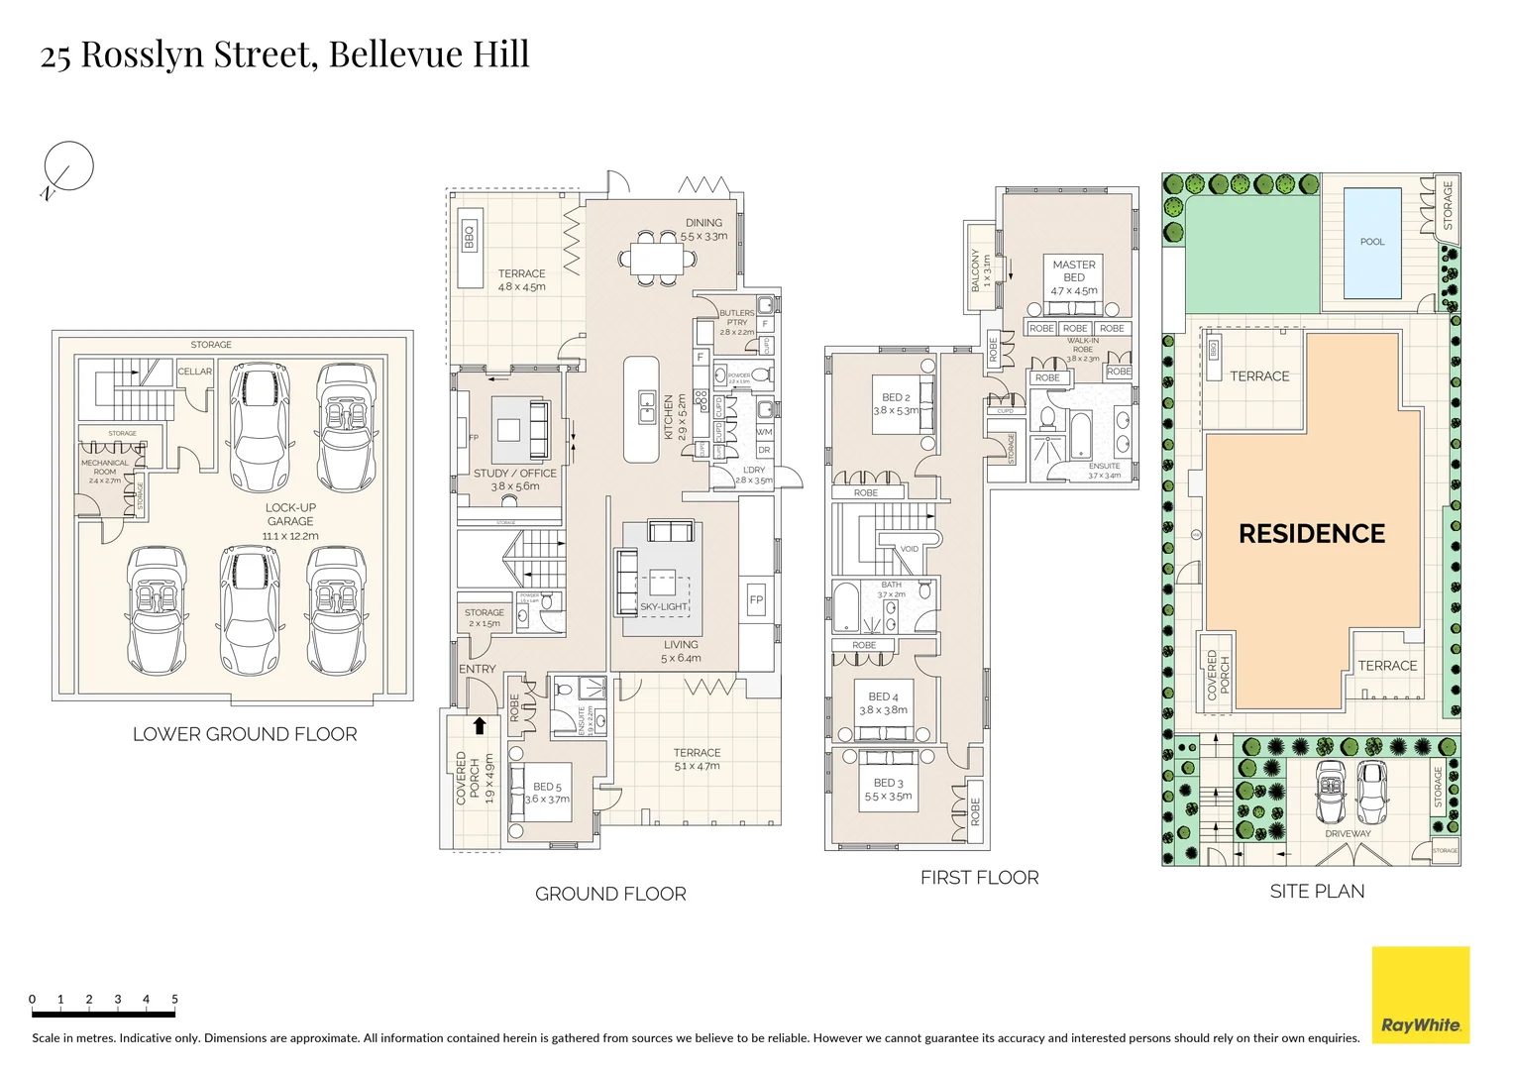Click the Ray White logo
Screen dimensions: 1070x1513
1420,995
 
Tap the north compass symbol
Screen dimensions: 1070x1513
68,166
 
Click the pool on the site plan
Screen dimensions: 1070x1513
1372,243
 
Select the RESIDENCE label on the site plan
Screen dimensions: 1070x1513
1312,534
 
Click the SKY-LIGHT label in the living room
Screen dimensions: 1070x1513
663,606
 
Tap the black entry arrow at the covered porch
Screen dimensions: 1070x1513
480,725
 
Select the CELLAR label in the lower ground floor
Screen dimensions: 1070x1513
194,372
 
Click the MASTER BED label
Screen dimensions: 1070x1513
1074,270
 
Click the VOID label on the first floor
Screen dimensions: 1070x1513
909,549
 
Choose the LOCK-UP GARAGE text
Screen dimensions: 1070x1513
290,514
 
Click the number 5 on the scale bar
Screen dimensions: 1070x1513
174,999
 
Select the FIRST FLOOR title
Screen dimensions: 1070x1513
979,878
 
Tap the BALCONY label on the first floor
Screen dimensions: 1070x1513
976,270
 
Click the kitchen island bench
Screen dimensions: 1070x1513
641,409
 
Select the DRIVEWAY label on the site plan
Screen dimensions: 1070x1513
1348,834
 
